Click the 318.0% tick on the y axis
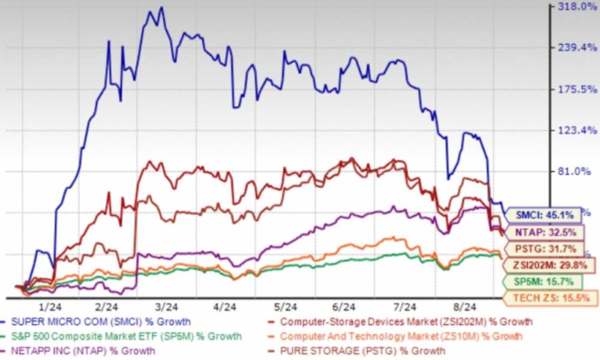click(574, 7)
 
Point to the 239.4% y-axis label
click(574, 48)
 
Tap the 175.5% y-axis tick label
click(574, 89)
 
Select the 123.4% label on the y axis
click(574, 130)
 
